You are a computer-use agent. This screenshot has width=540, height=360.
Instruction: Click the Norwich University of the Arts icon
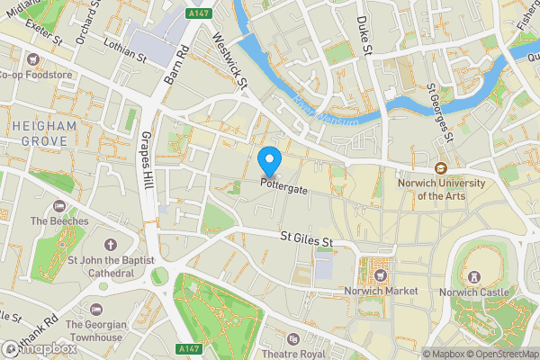(x=441, y=168)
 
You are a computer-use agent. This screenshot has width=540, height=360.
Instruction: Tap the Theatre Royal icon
(x=293, y=338)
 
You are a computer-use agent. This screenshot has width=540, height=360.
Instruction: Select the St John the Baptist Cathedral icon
(x=111, y=245)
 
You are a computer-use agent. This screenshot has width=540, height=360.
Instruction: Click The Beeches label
(x=59, y=220)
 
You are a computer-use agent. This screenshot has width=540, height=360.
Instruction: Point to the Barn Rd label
(x=173, y=65)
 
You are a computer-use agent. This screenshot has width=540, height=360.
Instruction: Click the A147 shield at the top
(x=201, y=15)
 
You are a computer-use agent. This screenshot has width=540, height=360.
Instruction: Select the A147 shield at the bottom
(x=188, y=348)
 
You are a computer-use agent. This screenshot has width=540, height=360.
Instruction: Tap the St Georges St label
(x=438, y=113)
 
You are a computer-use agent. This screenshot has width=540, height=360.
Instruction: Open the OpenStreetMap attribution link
(x=502, y=354)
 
